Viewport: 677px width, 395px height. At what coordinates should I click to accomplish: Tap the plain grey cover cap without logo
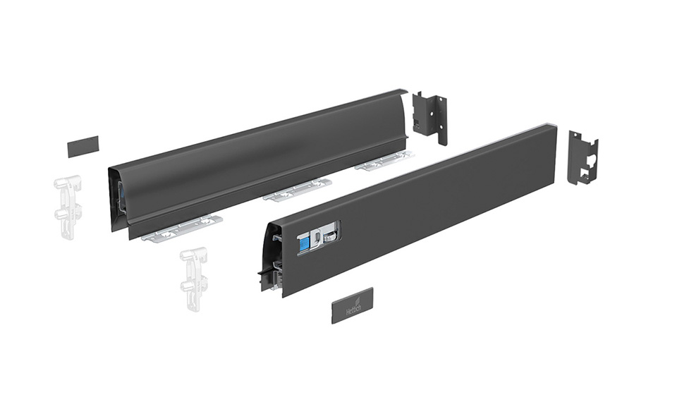pos(83,146)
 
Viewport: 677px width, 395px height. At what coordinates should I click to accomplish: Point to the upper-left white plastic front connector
pos(68,203)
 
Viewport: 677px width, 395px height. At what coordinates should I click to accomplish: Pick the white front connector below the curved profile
pos(194,279)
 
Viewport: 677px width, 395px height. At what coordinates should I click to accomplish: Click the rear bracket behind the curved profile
pos(429,116)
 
